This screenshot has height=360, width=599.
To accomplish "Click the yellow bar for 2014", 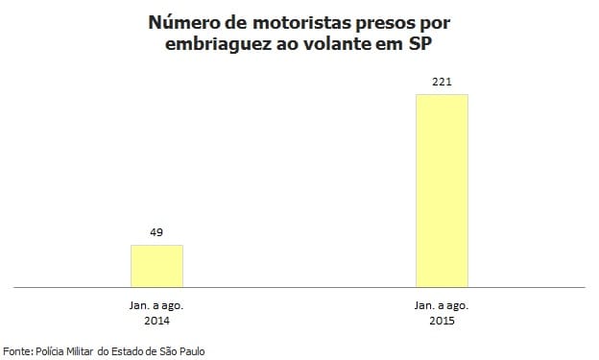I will [x=156, y=266].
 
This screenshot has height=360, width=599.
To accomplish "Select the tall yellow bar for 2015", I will [x=442, y=190].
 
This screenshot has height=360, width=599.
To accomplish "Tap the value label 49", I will [x=156, y=232].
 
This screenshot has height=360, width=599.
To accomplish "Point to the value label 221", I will [x=442, y=81].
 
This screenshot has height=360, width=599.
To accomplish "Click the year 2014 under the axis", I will [x=156, y=320].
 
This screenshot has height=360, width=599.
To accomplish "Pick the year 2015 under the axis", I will [x=442, y=320].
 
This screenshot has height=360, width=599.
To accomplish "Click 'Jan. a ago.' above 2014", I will [x=156, y=304].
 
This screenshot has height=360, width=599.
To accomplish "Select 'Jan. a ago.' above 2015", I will [x=442, y=304].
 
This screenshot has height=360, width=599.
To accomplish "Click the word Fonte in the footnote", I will [x=17, y=351].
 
